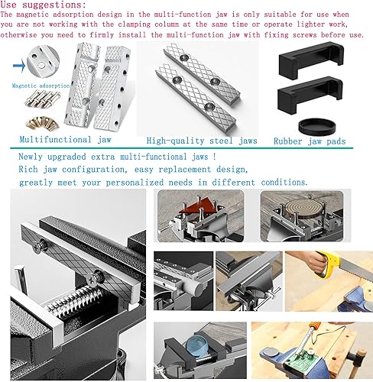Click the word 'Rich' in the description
(x=31, y=170)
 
